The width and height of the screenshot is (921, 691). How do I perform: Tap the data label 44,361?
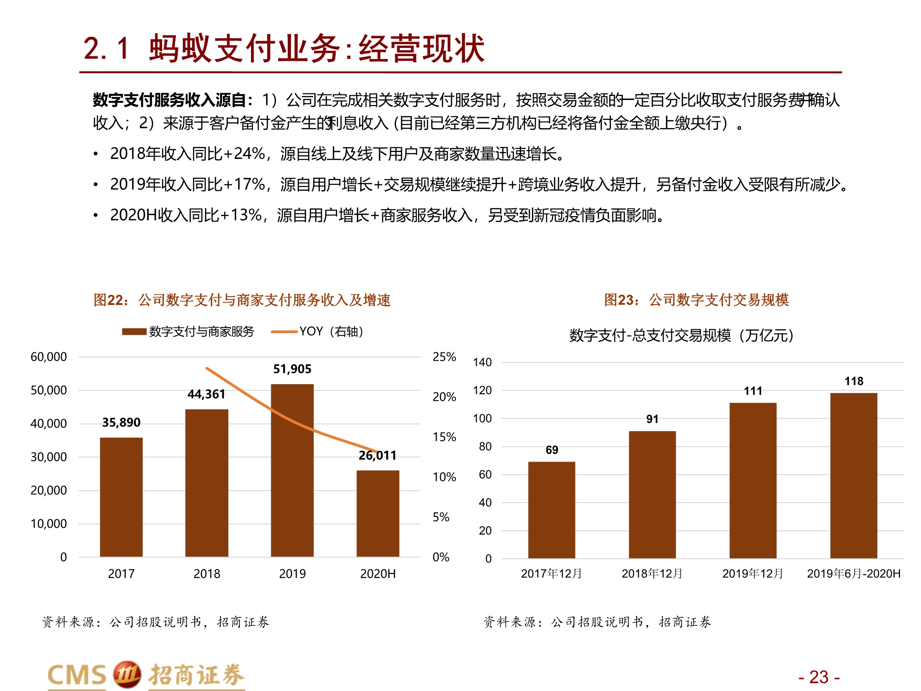[206, 394]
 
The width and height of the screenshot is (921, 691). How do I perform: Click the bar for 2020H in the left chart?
[378, 513]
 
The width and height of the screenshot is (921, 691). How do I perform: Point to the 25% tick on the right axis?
[444, 357]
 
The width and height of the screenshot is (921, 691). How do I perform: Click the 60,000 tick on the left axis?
[48, 357]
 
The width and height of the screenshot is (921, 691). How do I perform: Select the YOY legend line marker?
[284, 332]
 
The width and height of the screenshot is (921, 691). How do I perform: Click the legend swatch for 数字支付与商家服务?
[134, 332]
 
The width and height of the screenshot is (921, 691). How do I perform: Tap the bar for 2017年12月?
[551, 509]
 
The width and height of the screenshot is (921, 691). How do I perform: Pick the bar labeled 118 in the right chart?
[853, 475]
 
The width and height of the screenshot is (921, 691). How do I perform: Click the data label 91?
[652, 419]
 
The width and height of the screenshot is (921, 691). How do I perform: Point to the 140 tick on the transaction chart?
[482, 363]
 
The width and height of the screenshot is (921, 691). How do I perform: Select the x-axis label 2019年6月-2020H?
[853, 574]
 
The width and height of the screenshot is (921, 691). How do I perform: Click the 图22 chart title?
[242, 300]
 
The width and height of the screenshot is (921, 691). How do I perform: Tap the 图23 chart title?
[696, 300]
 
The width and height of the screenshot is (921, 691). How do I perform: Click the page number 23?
[818, 677]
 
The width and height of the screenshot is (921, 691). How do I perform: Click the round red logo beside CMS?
[127, 674]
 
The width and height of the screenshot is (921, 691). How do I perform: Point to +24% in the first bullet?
[244, 154]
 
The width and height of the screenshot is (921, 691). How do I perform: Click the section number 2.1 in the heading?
[106, 48]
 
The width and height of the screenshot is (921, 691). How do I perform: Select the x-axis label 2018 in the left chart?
[207, 574]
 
